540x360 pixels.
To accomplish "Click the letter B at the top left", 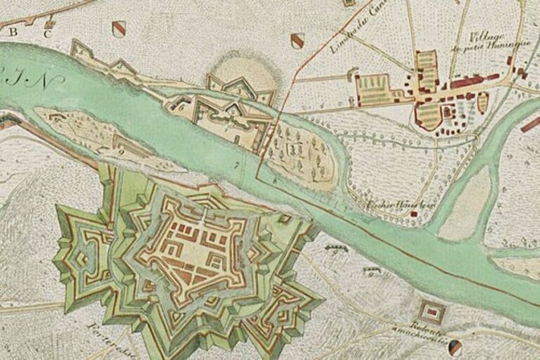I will tap(13, 31).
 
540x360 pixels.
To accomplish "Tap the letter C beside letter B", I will tap(48, 33).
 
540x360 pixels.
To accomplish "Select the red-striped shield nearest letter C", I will tap(119, 29).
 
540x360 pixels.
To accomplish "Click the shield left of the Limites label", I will tap(297, 41).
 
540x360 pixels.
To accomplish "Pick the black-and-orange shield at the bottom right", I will tap(456, 347).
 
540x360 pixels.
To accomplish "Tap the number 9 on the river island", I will tap(120, 150).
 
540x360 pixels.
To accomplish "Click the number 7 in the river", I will tap(238, 165).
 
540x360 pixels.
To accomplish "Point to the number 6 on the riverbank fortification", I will tap(181, 108).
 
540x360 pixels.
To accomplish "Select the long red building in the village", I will tap(467, 82).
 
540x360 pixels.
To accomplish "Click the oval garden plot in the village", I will tap(483, 103).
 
